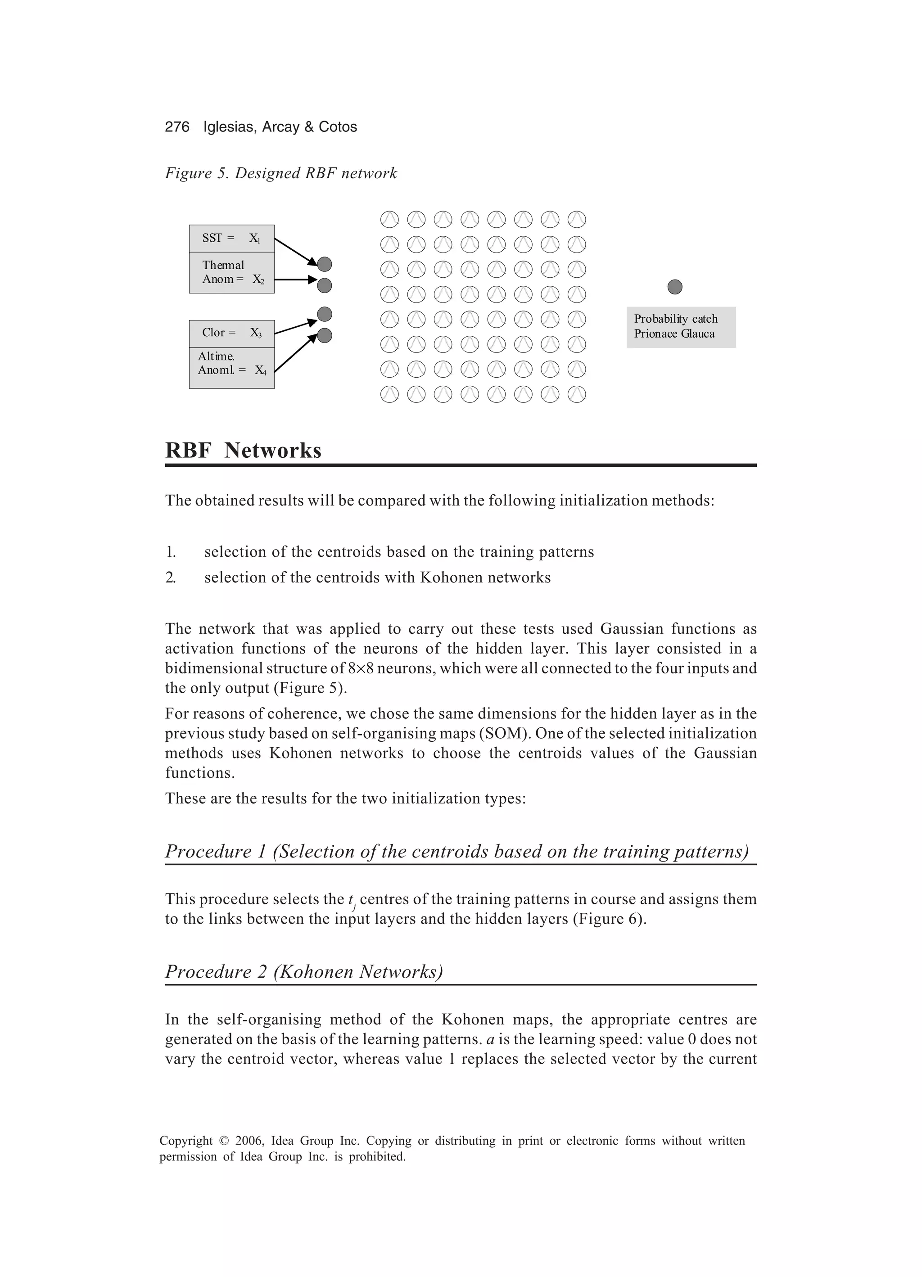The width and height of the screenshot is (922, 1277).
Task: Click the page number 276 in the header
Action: pos(177,126)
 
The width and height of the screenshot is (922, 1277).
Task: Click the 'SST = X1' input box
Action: pos(231,238)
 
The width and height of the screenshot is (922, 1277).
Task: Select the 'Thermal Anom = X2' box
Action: pos(231,272)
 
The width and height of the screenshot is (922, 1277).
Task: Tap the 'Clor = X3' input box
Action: pos(231,334)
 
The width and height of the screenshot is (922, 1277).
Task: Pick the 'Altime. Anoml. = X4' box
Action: pos(231,367)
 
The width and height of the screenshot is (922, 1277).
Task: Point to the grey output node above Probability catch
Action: pos(674,287)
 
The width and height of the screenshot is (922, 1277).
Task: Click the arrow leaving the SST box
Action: pos(294,251)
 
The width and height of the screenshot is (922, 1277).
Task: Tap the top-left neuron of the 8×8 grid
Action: pos(389,219)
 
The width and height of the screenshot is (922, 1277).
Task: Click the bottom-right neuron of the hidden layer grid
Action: pos(577,394)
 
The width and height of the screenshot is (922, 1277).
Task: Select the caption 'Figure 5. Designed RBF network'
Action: pos(280,173)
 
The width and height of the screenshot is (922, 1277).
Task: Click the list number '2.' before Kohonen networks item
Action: pos(171,578)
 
